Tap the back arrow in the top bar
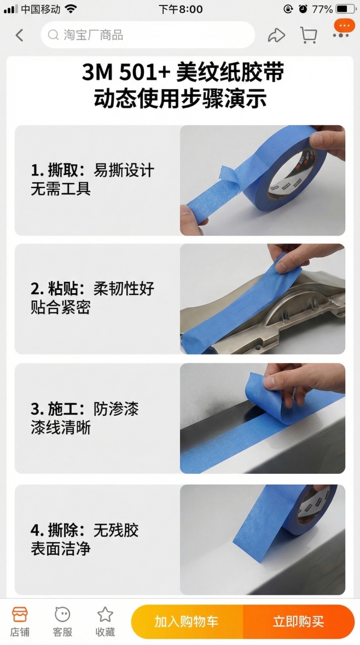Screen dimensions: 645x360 tap(20, 36)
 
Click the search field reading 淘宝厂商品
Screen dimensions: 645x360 tap(148, 36)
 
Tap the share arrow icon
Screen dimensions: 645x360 tap(276, 36)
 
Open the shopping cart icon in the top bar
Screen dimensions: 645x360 tap(309, 36)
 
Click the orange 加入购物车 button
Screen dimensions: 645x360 tap(187, 621)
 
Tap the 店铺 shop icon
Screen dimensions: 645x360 tap(20, 621)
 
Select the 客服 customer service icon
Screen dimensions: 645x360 tap(62, 621)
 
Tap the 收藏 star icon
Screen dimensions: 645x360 tap(105, 621)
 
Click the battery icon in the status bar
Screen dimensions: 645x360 tap(345, 9)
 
